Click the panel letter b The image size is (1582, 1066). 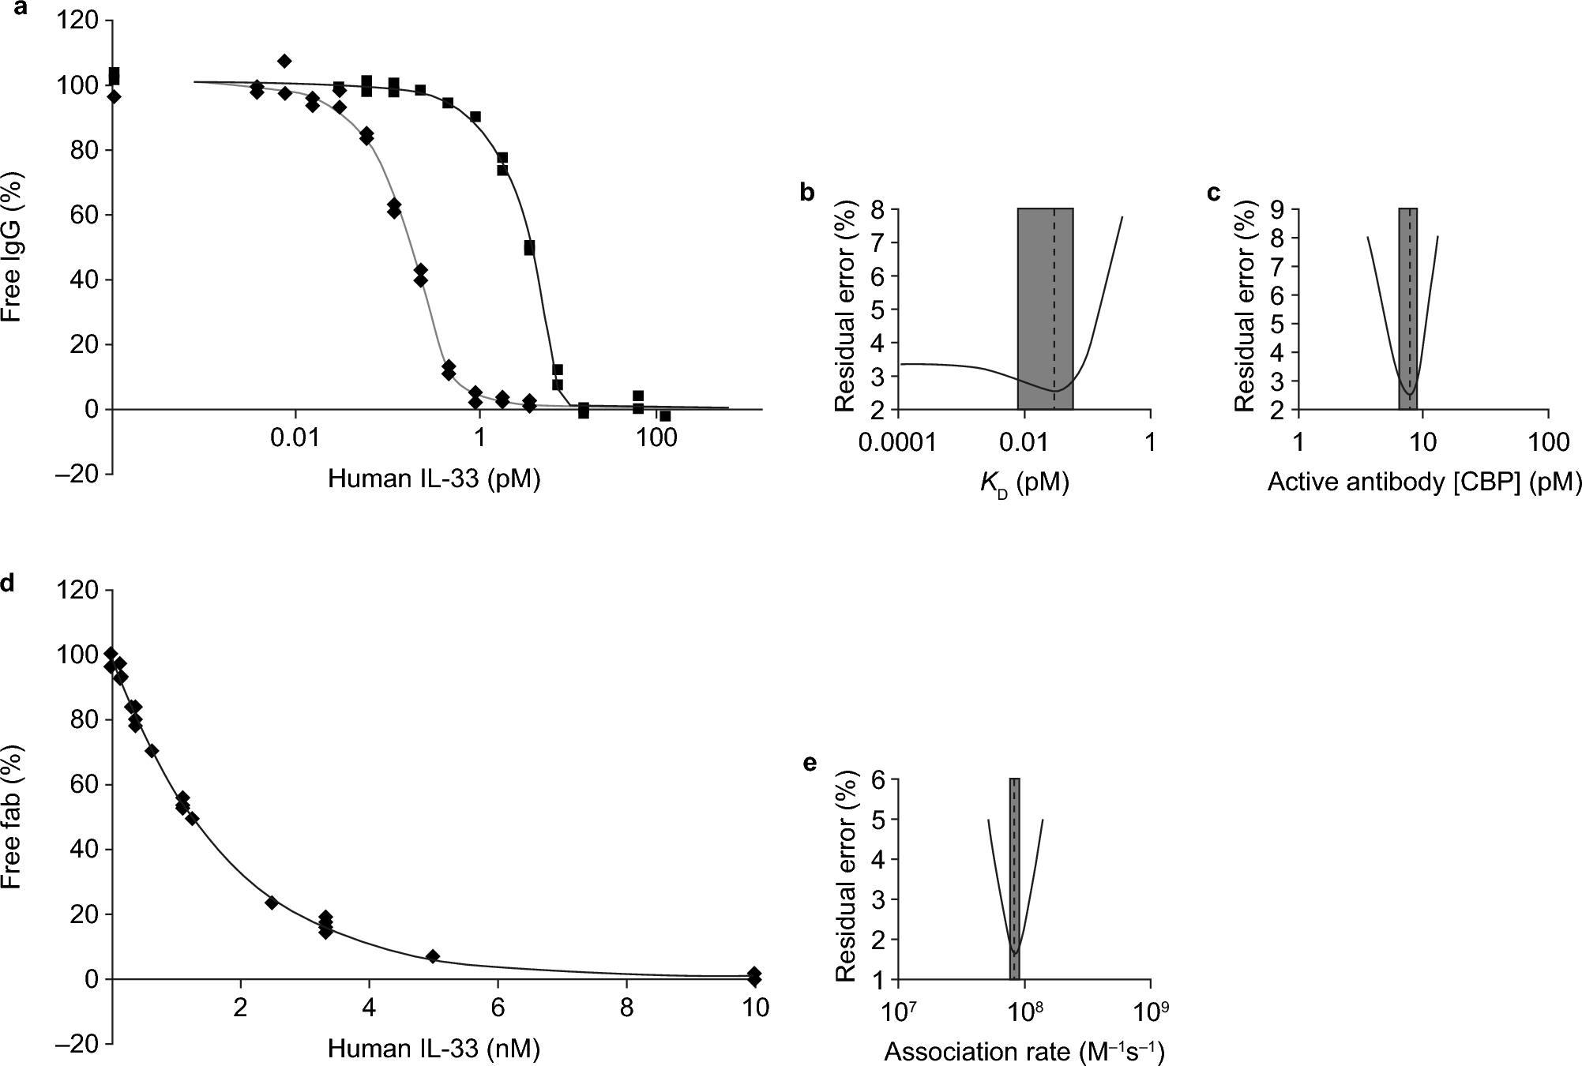click(807, 193)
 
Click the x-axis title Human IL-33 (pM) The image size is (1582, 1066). click(434, 479)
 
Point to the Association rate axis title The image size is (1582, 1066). click(1024, 1051)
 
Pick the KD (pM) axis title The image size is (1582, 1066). click(1024, 483)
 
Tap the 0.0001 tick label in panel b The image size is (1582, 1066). click(900, 442)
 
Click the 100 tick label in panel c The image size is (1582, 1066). click(1548, 442)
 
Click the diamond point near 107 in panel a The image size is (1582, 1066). click(284, 61)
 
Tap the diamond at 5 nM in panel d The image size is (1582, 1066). click(432, 956)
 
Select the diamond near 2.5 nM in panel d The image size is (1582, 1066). click(272, 902)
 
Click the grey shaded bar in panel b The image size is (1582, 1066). click(1044, 308)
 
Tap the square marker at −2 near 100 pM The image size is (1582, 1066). click(665, 415)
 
